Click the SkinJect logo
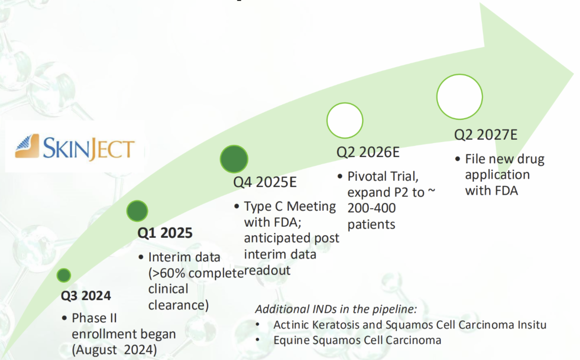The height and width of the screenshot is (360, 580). click(75, 147)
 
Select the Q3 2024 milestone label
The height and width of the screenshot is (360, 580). click(86, 296)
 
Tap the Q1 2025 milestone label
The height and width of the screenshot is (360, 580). click(165, 233)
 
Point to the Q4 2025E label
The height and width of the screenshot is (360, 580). click(265, 182)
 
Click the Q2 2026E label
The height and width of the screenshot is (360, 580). click(368, 152)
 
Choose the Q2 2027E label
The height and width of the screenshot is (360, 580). click(486, 135)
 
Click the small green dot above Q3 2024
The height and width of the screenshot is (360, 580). click(64, 275)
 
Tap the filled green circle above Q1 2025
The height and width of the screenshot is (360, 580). click(137, 211)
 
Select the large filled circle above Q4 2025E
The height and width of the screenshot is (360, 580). click(234, 159)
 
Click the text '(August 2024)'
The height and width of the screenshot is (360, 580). click(115, 350)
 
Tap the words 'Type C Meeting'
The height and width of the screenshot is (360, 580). click(290, 206)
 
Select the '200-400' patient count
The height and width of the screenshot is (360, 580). click(372, 208)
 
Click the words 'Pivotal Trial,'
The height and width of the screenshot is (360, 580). click(383, 176)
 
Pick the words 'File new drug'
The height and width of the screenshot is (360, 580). click(505, 159)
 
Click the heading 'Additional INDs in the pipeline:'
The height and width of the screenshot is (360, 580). click(336, 309)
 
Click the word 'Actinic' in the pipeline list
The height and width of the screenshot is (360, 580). click(291, 325)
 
